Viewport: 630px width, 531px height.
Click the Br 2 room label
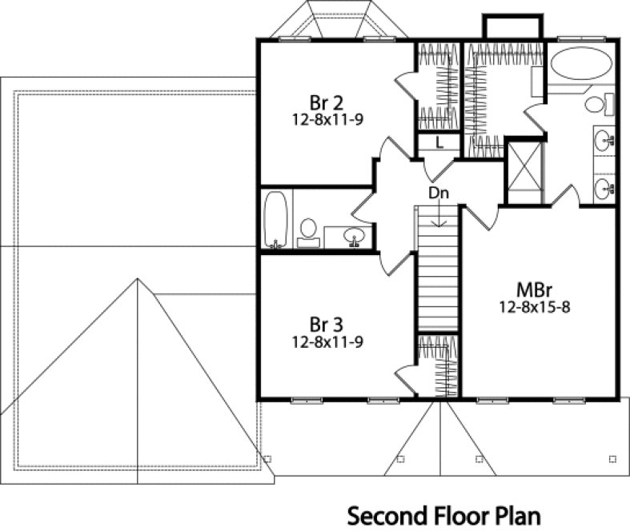click(326, 102)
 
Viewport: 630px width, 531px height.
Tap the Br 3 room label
click(326, 325)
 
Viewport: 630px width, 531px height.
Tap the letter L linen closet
click(439, 143)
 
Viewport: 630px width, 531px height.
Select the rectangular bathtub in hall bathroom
click(275, 219)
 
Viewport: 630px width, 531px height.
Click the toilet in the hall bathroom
click(307, 230)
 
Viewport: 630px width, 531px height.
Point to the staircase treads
click(437, 272)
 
